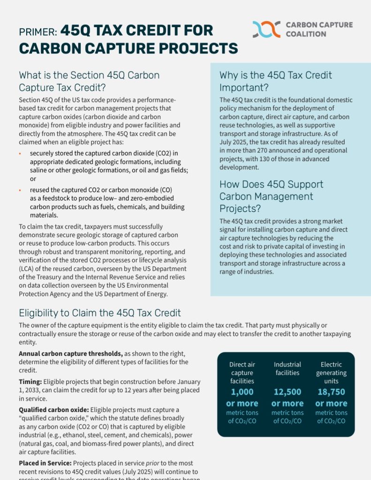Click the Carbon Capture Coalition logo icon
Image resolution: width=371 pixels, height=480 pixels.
click(x=266, y=29)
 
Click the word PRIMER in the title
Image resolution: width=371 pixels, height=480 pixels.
click(x=38, y=31)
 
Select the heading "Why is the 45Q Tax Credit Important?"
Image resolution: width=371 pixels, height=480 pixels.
click(x=275, y=82)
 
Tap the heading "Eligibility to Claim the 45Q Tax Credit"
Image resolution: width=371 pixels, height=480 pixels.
click(x=99, y=313)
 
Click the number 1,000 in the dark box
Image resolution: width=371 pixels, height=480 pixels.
click(x=242, y=392)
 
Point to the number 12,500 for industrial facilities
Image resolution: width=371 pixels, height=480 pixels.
click(x=287, y=392)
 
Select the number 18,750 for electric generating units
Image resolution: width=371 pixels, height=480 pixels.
click(x=331, y=392)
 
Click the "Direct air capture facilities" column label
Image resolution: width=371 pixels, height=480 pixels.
click(x=242, y=373)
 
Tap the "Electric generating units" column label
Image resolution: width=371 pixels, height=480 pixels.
click(x=331, y=373)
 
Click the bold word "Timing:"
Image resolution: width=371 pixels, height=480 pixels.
click(x=30, y=382)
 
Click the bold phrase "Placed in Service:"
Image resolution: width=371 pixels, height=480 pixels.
click(x=45, y=463)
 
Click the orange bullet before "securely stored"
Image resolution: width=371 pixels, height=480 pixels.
click(x=20, y=153)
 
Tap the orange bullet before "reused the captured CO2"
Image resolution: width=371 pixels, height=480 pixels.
click(x=20, y=190)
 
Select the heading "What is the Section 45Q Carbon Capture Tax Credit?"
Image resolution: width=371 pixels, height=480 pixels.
click(x=89, y=81)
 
